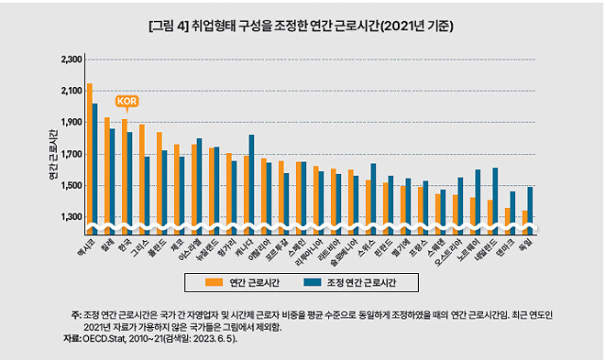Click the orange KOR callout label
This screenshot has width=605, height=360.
pyautogui.click(x=125, y=102)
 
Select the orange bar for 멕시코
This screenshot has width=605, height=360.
pyautogui.click(x=89, y=156)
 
